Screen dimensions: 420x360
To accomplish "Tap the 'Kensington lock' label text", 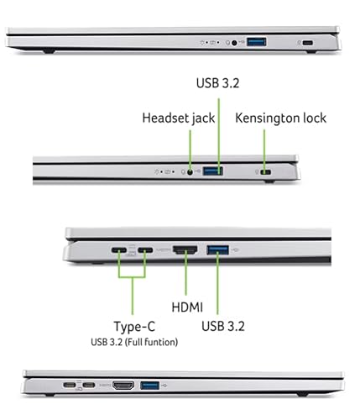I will (x=280, y=118).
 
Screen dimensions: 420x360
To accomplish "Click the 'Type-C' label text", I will (x=136, y=326).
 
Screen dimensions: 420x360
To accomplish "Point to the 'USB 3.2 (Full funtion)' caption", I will (x=136, y=342).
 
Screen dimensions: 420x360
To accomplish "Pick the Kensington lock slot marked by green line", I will (x=268, y=171).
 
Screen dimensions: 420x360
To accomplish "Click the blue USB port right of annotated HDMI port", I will (x=217, y=249).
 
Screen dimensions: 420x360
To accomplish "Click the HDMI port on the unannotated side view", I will (x=124, y=386).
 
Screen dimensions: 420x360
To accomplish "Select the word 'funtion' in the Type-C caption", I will (x=163, y=342).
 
